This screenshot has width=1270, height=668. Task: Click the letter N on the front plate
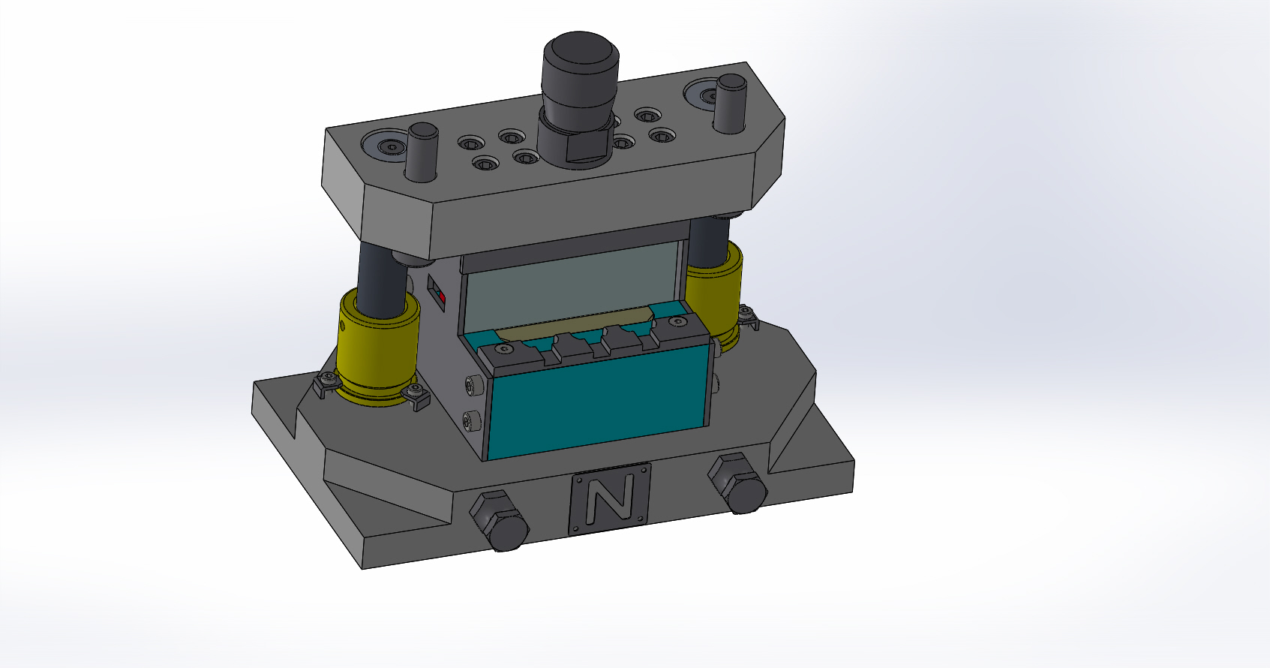pyautogui.click(x=609, y=500)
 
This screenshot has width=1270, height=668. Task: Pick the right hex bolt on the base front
pyautogui.click(x=738, y=483)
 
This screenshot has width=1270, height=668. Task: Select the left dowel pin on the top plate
pyautogui.click(x=422, y=152)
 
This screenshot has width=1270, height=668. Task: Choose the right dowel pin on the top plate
pyautogui.click(x=730, y=104)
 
